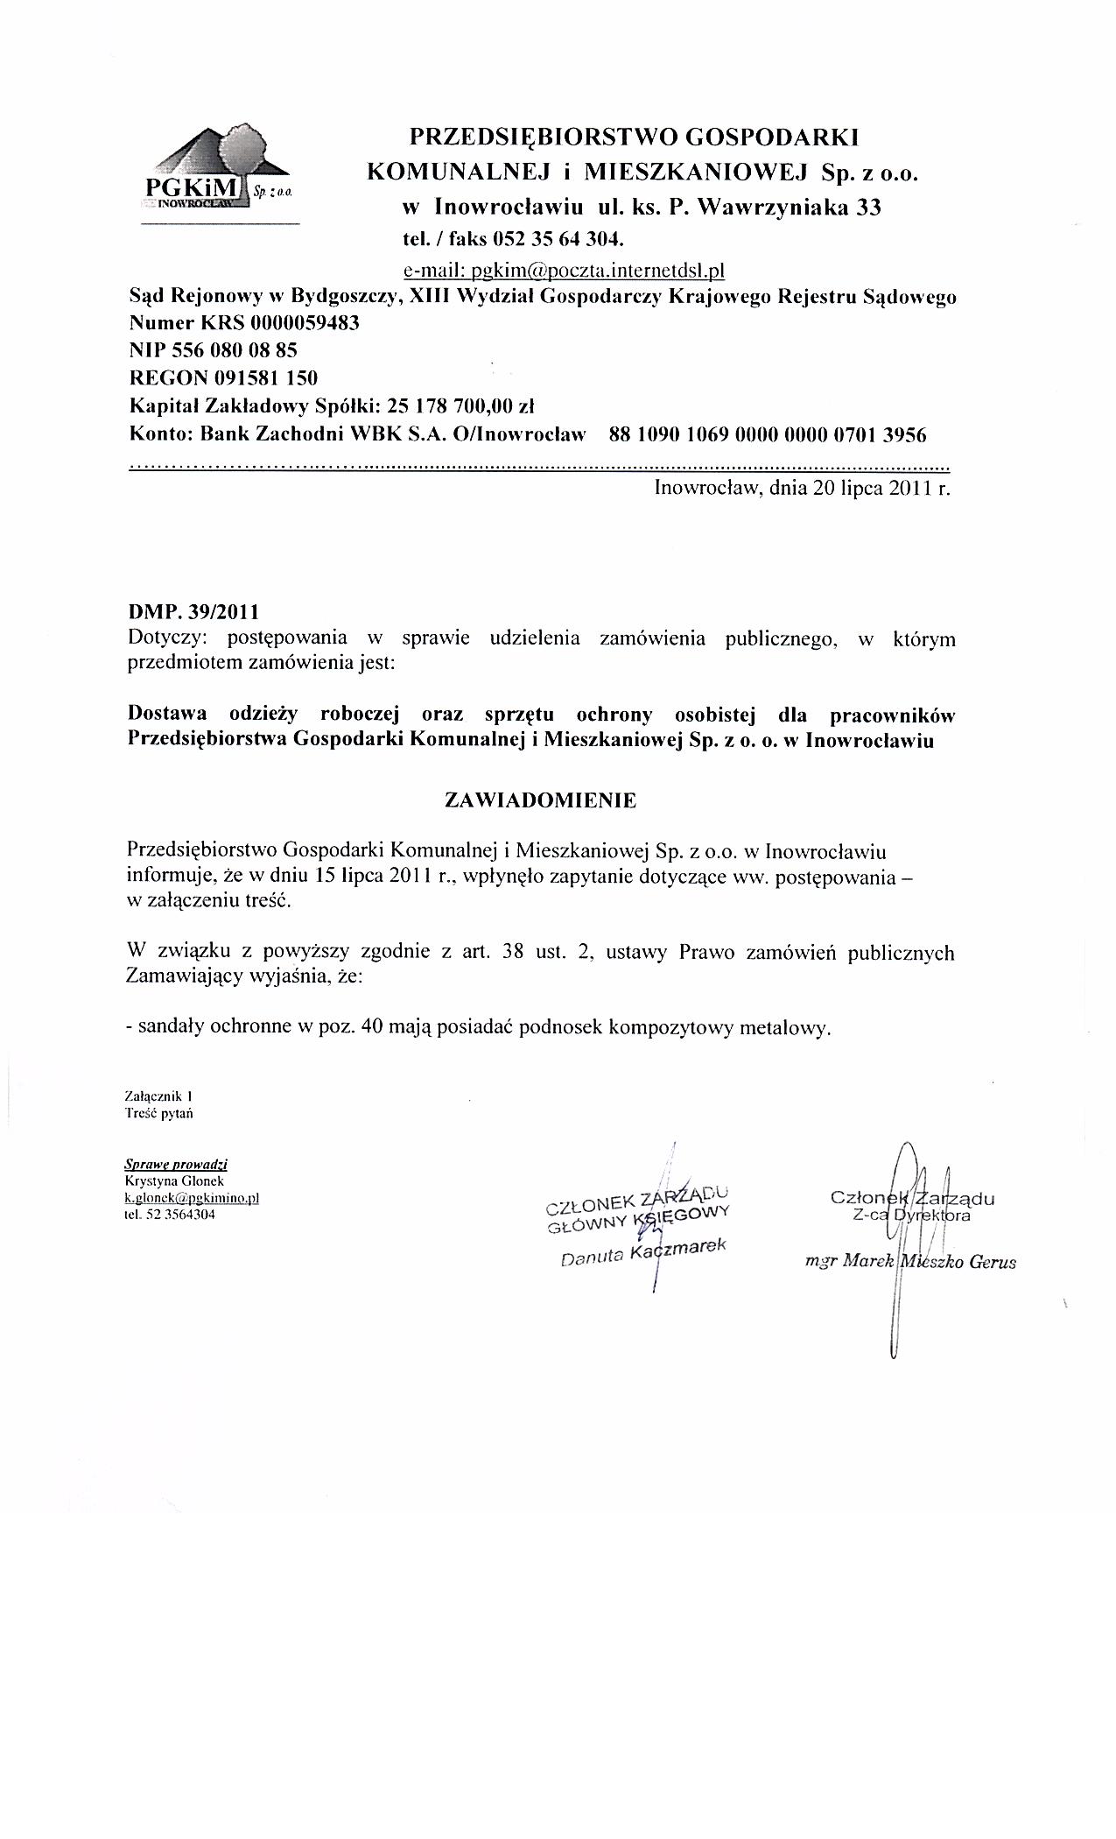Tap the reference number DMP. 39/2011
coord(193,610)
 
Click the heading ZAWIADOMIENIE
coord(541,800)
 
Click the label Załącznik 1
coord(158,1096)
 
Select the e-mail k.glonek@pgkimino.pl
coord(193,1198)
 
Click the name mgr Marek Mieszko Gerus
coord(910,1262)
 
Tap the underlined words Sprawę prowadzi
coord(176,1165)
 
